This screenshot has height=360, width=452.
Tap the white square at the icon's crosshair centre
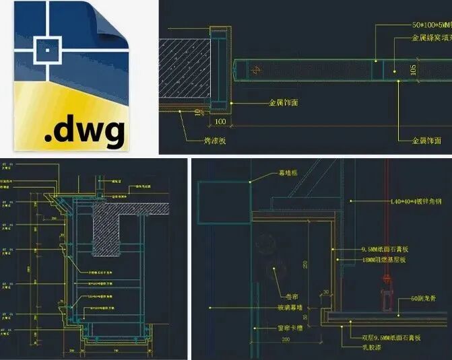(46, 49)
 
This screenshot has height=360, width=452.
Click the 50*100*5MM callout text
(431, 25)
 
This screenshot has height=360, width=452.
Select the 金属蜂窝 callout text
(431, 38)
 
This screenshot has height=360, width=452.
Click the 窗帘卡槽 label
(288, 328)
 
